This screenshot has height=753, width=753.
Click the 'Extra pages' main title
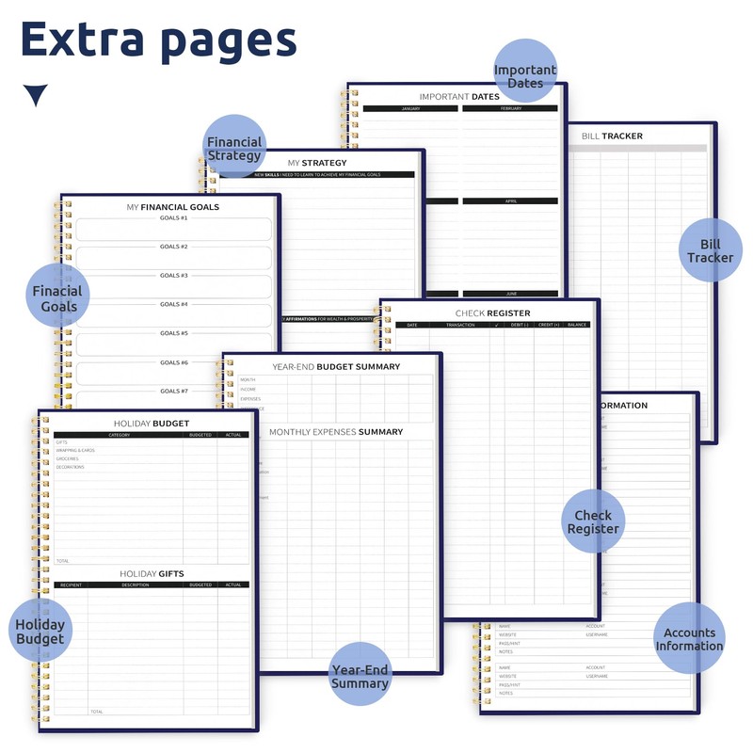tap(158, 41)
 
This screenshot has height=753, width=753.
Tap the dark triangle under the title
tap(36, 95)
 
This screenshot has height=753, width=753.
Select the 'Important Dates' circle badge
tap(525, 72)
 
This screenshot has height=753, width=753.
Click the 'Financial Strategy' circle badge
tap(234, 147)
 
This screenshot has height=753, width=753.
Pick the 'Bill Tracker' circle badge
tap(710, 250)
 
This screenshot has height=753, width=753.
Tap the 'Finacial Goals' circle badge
tap(57, 296)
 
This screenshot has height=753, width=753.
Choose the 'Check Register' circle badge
tap(593, 521)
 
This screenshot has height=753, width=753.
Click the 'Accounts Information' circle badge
tap(689, 638)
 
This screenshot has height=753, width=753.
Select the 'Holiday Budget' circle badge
tap(40, 631)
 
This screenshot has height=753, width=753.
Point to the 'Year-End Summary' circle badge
tap(359, 675)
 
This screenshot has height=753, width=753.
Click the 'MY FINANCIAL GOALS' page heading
tap(173, 207)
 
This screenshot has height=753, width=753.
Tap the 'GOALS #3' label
tap(173, 276)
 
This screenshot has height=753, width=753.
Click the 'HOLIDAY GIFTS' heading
tap(152, 573)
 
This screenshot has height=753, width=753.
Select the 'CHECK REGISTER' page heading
tap(492, 313)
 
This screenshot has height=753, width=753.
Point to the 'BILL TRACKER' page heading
tap(612, 136)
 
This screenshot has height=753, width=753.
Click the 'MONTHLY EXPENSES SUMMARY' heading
tap(336, 432)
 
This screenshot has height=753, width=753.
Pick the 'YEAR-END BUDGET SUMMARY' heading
tap(336, 367)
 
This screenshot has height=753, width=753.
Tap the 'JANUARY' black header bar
tap(410, 109)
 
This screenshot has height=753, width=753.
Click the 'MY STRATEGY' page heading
tap(317, 163)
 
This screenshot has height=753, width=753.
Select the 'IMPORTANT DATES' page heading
tap(459, 97)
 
